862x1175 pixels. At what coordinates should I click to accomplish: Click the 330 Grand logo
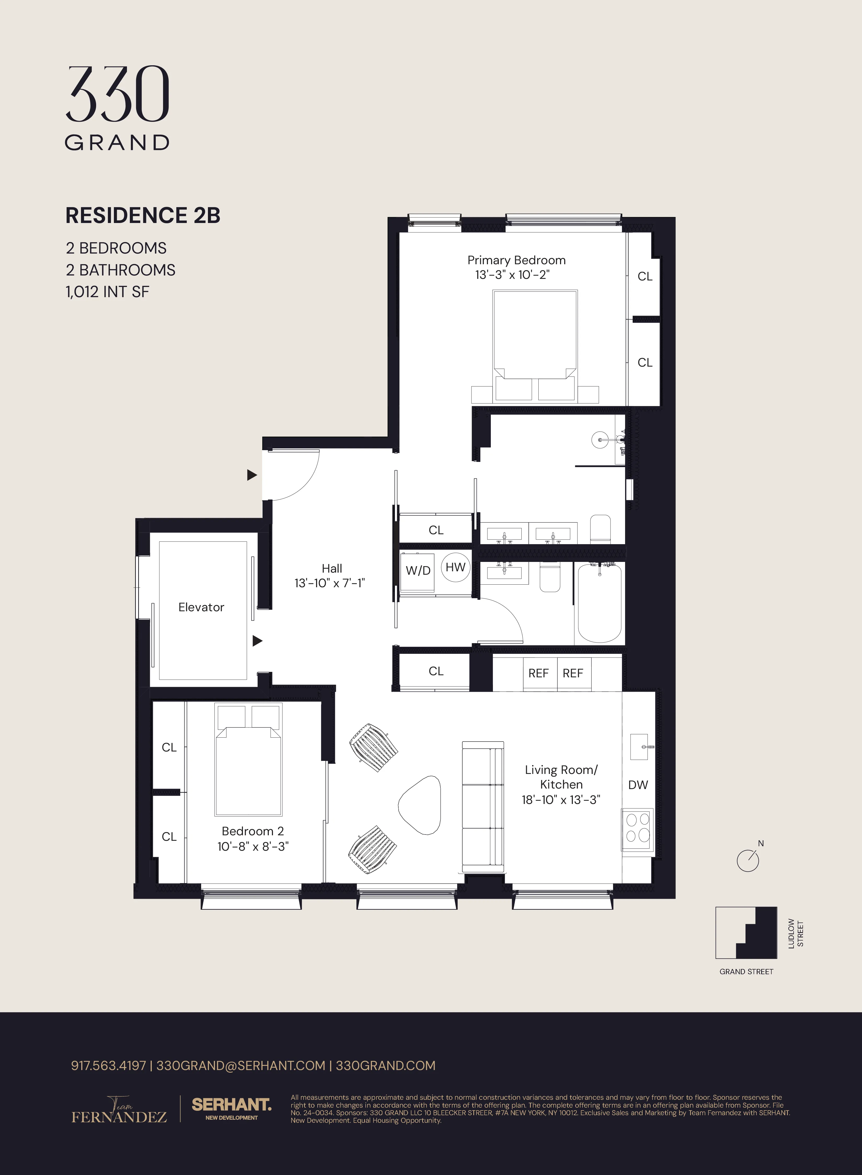117,108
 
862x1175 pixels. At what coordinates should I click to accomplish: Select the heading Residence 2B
142,215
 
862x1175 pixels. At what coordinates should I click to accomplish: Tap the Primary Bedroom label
516,260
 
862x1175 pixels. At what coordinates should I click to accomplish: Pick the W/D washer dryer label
418,571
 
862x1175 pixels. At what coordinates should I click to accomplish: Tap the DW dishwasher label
638,785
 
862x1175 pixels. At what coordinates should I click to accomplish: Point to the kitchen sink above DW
640,747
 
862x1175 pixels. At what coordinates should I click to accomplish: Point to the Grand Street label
746,972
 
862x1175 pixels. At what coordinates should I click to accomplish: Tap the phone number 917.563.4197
108,1066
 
